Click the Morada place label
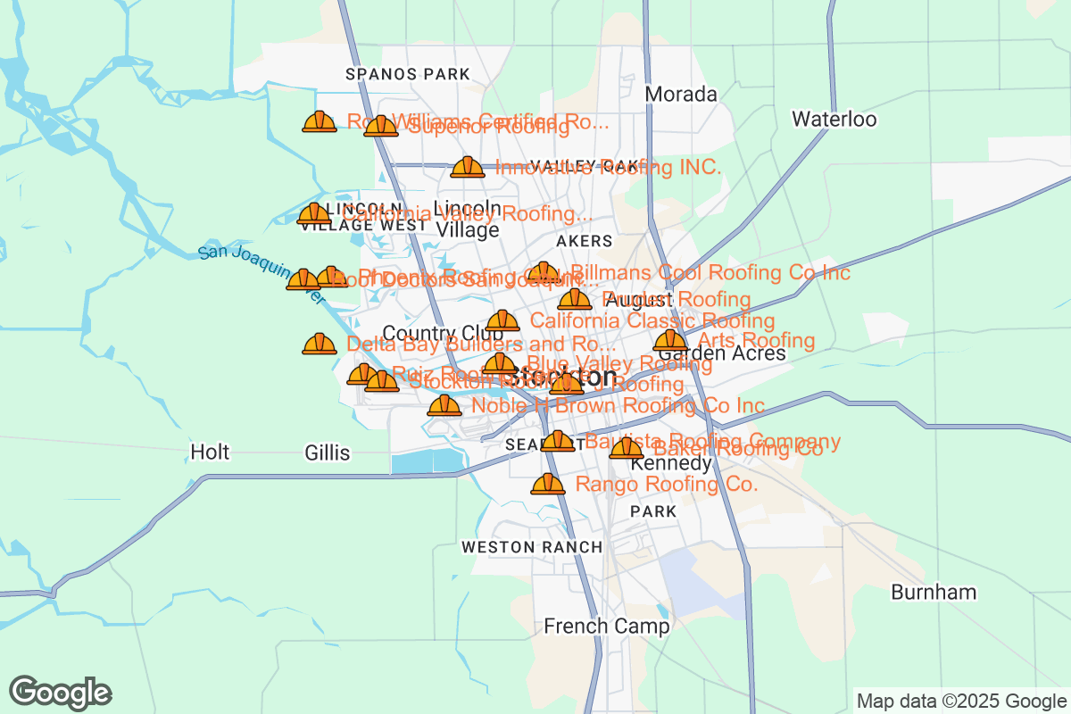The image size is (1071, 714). (x=680, y=95)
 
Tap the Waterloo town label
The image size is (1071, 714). (x=834, y=120)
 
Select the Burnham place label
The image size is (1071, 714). (x=934, y=593)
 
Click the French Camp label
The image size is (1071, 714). (x=606, y=627)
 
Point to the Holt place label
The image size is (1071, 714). (x=210, y=452)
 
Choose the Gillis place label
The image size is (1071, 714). (x=327, y=453)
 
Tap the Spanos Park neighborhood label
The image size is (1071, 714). (x=394, y=74)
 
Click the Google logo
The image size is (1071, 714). (x=61, y=693)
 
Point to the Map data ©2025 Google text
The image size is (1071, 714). (x=960, y=701)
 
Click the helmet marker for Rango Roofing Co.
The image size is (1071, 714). (x=547, y=485)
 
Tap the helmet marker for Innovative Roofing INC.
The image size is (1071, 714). (x=467, y=167)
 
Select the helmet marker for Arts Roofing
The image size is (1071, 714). (x=669, y=340)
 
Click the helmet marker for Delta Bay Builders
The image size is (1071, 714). (x=319, y=344)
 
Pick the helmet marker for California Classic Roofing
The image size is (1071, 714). (x=502, y=320)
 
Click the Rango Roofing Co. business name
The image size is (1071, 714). (x=667, y=485)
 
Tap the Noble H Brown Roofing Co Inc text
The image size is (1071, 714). (x=618, y=407)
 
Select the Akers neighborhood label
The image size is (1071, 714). (x=584, y=241)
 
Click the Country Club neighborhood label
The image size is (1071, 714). (x=431, y=334)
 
